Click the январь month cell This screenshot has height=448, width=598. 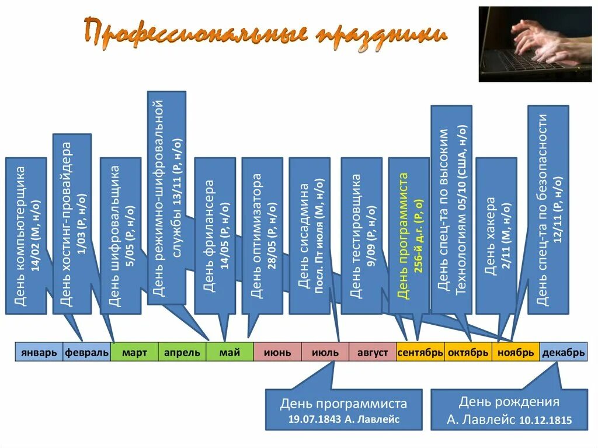39,353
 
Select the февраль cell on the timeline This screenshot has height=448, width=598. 86,353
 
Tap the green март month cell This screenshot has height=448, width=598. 134,353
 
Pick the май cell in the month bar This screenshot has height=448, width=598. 230,353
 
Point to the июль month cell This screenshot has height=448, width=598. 325,353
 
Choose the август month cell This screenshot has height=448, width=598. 373,353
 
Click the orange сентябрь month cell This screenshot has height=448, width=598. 420,353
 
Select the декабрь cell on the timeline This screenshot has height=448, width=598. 563,353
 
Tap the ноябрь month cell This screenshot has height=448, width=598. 516,353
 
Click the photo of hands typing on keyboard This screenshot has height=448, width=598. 535,44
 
